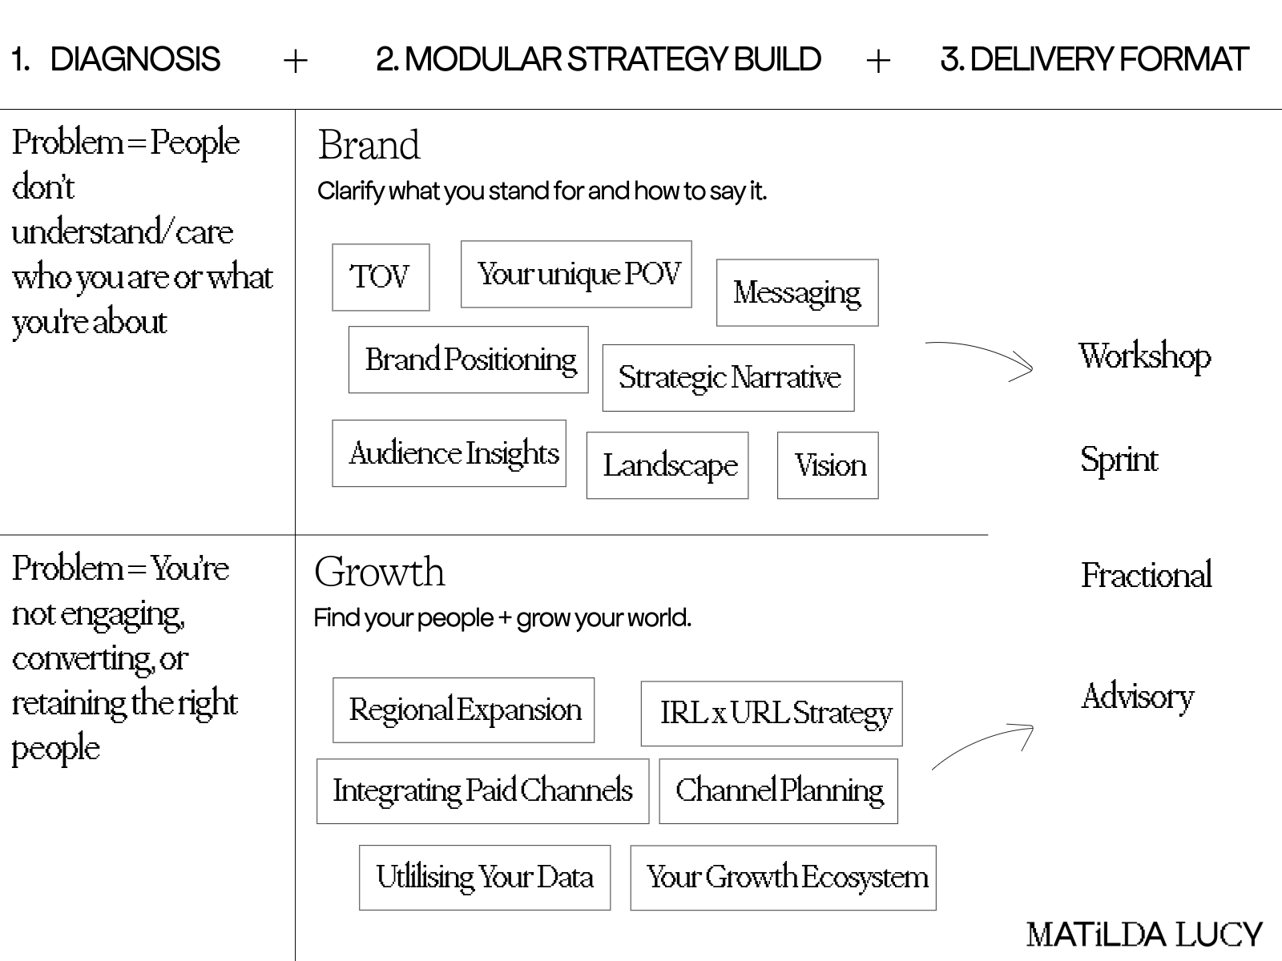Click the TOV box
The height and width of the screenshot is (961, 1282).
381,277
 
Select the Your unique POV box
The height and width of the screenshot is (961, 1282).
576,274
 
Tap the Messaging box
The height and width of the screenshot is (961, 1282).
797,292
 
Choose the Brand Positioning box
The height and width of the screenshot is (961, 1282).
469,360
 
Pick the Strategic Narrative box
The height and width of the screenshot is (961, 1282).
728,378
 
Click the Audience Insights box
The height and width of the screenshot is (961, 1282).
450,453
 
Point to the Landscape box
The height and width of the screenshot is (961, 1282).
667,465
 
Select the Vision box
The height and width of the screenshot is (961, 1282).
828,465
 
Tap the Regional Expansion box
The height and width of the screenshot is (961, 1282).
464,710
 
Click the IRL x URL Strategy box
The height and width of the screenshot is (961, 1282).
772,714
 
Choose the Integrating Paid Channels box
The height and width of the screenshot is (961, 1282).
482,791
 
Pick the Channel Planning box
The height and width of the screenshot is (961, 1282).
779,791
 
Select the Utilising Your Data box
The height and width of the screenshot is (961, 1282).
485,878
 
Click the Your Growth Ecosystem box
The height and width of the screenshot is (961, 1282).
784,878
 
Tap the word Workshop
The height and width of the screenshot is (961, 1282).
1144,357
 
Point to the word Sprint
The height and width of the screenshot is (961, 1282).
1119,460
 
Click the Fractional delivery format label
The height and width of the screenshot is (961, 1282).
1147,576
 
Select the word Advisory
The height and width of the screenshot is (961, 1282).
1138,697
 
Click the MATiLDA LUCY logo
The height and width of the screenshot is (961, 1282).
1144,935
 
